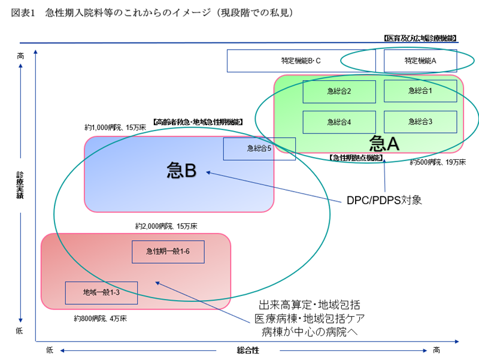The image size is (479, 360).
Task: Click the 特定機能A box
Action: tap(420, 60)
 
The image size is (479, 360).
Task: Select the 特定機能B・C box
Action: tap(301, 60)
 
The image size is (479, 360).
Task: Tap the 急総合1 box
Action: tap(420, 91)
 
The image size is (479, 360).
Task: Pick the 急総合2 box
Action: tap(339, 91)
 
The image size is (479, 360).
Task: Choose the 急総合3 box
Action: tap(420, 122)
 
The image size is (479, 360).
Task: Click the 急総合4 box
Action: tap(339, 122)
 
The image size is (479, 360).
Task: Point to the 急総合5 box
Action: tap(259, 149)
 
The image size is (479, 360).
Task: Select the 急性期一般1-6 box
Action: tap(168, 252)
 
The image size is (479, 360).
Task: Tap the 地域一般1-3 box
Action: tap(101, 292)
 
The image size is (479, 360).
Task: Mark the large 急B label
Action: tap(181, 171)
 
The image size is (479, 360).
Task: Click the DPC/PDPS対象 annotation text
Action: tap(384, 199)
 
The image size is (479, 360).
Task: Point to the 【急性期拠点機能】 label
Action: tap(356, 158)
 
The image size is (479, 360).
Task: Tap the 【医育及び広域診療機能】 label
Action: tap(420, 38)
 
